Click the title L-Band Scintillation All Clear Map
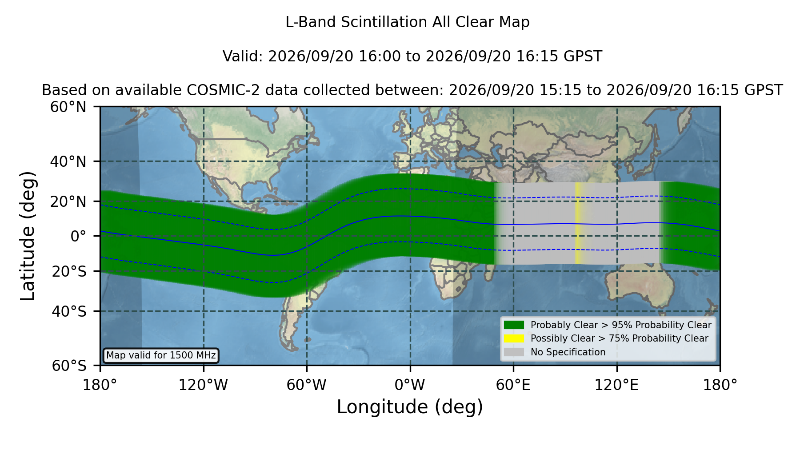407,22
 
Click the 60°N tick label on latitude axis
68,107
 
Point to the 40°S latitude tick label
69,311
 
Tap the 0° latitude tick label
79,236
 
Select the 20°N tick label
68,201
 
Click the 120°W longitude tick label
203,385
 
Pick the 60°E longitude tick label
513,385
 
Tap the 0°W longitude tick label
410,385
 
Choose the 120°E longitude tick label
616,385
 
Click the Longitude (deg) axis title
410,407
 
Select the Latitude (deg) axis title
28,236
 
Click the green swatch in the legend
514,325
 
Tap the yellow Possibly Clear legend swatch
514,338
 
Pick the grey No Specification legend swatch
514,352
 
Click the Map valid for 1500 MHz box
161,355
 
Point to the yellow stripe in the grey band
578,223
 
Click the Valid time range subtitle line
412,56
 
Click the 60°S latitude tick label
69,366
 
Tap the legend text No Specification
568,352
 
